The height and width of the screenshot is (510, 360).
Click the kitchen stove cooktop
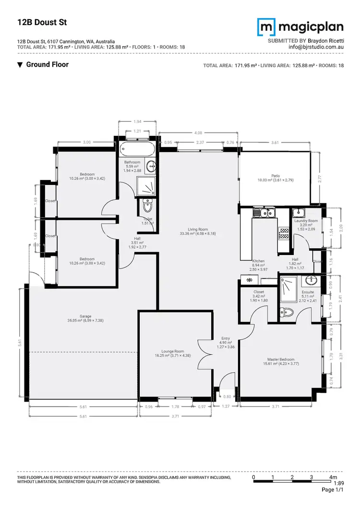click(284, 233)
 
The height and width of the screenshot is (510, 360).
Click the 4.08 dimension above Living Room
click(197, 133)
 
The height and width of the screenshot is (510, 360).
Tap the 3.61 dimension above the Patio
click(275, 143)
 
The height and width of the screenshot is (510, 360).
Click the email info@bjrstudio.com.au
click(316, 47)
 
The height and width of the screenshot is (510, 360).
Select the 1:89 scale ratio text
click(338, 483)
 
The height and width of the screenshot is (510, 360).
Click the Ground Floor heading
click(47, 64)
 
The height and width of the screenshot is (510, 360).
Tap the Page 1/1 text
click(333, 490)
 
